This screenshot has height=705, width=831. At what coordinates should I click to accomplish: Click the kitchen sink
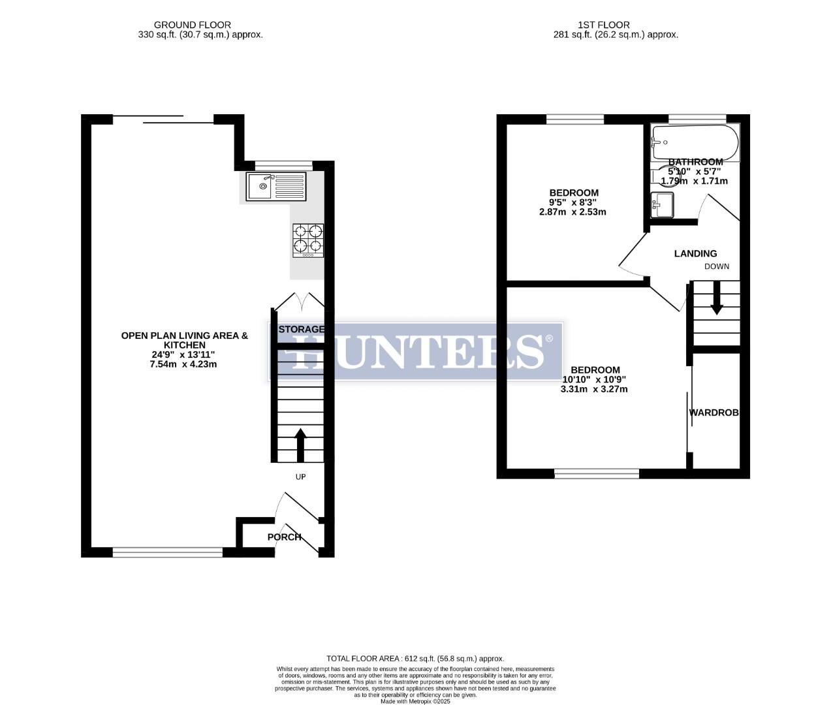(x=275, y=186)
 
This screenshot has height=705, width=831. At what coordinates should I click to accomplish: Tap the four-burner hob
(x=308, y=240)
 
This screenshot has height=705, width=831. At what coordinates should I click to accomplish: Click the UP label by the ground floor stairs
(x=300, y=477)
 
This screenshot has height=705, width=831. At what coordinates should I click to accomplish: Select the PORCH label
(x=285, y=537)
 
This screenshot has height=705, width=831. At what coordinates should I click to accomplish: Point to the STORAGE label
(x=302, y=329)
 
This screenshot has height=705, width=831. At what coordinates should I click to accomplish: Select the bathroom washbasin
(x=662, y=205)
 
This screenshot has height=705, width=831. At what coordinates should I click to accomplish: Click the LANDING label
(x=695, y=253)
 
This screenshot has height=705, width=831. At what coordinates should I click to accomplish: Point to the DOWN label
(x=717, y=266)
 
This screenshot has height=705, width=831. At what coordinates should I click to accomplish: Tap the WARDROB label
(x=714, y=413)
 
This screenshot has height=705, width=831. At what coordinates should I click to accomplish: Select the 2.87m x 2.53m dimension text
(x=572, y=211)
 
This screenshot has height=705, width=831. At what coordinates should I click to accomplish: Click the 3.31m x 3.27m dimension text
(x=594, y=389)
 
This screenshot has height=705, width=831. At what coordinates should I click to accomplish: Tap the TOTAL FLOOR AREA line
(x=415, y=659)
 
